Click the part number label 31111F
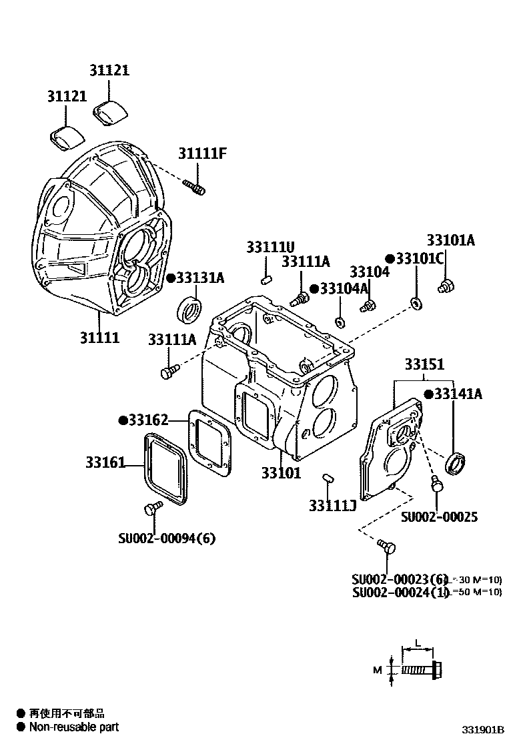(x=203, y=153)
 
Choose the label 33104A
(x=344, y=288)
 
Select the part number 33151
(x=423, y=365)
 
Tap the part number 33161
(x=104, y=462)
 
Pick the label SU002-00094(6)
(x=167, y=538)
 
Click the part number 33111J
(x=332, y=506)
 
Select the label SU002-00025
(x=439, y=516)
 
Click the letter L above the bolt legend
(x=417, y=643)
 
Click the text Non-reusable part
(x=73, y=727)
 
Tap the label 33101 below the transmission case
(x=281, y=473)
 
